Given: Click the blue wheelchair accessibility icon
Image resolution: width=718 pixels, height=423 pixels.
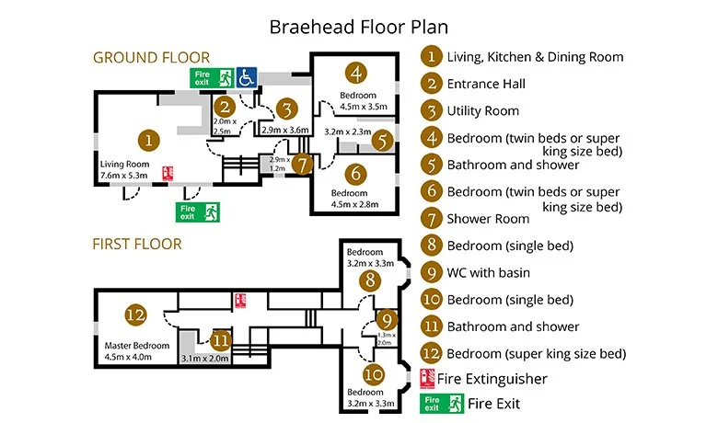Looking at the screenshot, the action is click(x=246, y=76).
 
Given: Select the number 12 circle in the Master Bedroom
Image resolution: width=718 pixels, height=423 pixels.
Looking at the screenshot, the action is click(x=135, y=314).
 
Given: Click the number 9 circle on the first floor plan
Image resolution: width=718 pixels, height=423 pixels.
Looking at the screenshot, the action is click(x=387, y=320).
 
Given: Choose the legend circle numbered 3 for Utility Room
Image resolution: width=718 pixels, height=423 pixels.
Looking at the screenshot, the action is click(x=431, y=111).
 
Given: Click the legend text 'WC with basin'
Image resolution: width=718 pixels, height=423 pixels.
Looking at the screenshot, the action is click(x=491, y=272).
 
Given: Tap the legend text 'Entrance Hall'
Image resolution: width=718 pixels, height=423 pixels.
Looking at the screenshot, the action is click(x=486, y=84).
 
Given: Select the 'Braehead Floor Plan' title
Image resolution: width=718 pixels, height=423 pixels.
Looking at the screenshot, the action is click(x=359, y=25).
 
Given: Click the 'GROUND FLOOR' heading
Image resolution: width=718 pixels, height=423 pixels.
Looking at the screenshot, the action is click(x=151, y=57).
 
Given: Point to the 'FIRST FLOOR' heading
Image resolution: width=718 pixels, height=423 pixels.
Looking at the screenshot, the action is click(x=136, y=244).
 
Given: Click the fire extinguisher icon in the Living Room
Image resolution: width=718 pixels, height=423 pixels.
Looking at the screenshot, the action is click(x=168, y=173).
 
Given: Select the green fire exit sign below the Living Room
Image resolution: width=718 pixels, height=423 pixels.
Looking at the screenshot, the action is click(x=198, y=212).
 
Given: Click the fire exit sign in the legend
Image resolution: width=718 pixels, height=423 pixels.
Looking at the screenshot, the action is click(x=441, y=403).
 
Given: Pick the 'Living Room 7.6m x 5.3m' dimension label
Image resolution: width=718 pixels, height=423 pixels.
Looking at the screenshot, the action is click(x=123, y=169).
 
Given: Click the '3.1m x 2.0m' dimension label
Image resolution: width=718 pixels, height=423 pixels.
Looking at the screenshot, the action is click(x=204, y=358).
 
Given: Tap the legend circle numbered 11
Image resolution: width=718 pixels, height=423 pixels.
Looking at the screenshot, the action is click(x=431, y=326).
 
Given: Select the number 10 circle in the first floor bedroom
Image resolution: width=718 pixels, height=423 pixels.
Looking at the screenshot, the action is click(x=372, y=374).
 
